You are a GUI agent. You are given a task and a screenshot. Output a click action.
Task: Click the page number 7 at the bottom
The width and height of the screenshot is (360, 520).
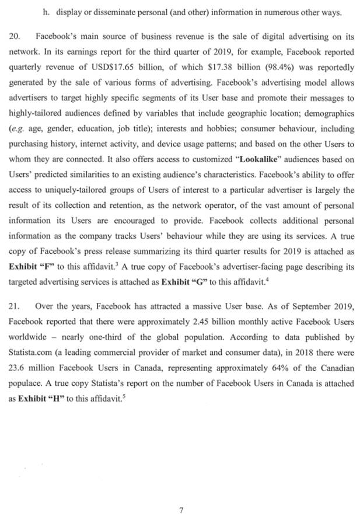coord(181,509)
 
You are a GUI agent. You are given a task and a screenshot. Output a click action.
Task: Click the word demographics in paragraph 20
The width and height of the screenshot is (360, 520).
coord(328,113)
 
